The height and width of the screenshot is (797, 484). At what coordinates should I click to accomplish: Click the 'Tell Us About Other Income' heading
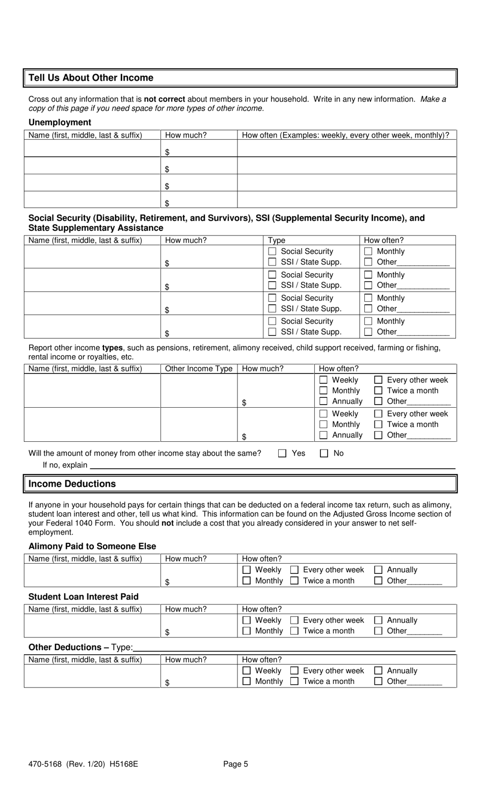pyautogui.click(x=91, y=78)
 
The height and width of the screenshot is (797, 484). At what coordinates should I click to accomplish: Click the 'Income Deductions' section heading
pyautogui.click(x=72, y=484)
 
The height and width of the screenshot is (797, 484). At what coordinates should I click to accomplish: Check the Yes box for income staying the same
pyautogui.click(x=282, y=454)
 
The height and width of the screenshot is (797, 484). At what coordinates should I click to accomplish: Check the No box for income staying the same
pyautogui.click(x=324, y=454)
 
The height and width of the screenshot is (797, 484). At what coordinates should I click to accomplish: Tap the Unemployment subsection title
pyautogui.click(x=60, y=122)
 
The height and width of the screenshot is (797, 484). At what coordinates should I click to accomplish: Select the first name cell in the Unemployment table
pyautogui.click(x=92, y=148)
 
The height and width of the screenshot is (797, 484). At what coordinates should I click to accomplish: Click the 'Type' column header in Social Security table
pyautogui.click(x=277, y=241)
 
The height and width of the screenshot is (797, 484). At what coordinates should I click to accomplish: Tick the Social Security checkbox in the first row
pyautogui.click(x=272, y=252)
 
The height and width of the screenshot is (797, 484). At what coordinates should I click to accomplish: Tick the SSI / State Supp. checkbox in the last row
pyautogui.click(x=272, y=332)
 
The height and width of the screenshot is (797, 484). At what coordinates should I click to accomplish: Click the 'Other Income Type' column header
pyautogui.click(x=199, y=369)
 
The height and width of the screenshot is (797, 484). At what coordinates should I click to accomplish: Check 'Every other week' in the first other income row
pyautogui.click(x=378, y=380)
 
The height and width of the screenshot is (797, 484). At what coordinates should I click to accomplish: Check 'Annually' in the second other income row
pyautogui.click(x=324, y=435)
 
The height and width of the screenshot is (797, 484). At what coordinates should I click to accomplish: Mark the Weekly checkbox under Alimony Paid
pyautogui.click(x=247, y=570)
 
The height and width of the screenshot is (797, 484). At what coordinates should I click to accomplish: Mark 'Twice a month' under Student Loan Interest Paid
pyautogui.click(x=294, y=631)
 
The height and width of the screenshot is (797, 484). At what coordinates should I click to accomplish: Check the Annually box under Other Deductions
pyautogui.click(x=379, y=671)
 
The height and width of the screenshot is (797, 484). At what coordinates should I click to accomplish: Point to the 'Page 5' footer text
pyautogui.click(x=235, y=764)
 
